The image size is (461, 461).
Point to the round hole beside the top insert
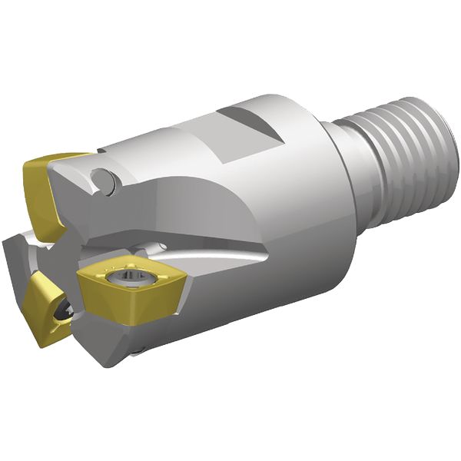103,182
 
